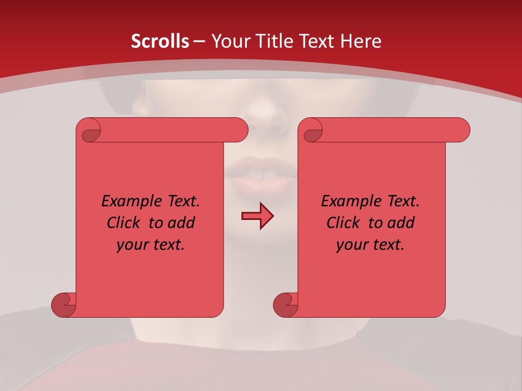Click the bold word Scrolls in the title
160,41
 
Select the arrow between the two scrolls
257,216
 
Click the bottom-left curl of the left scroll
64,305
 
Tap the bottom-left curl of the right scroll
285,305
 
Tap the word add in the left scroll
182,223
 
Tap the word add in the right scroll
401,223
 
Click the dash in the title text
200,42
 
